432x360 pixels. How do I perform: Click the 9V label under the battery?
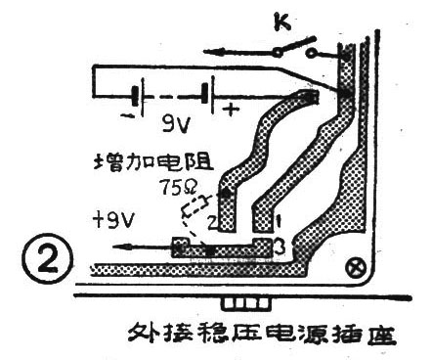(173, 124)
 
